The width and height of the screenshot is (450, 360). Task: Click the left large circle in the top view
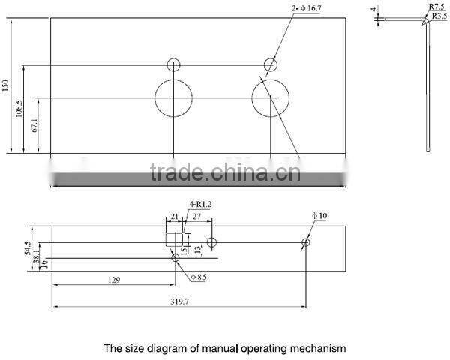click(173, 98)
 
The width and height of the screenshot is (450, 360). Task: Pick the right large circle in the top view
click(270, 98)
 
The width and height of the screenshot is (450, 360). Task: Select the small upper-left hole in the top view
click(174, 65)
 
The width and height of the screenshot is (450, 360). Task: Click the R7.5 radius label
click(437, 7)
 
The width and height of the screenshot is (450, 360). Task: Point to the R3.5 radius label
click(439, 15)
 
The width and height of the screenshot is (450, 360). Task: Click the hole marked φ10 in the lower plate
click(306, 242)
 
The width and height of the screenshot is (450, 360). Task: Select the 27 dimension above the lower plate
click(197, 216)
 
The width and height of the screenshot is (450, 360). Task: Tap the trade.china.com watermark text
click(225, 174)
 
